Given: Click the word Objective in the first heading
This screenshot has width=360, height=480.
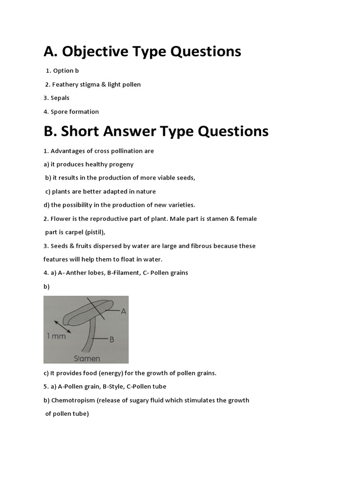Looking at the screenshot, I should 97,52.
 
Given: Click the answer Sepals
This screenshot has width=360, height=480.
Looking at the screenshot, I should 60,98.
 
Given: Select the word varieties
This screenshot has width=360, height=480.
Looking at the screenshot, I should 179,205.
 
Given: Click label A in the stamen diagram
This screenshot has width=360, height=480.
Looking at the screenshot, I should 123,311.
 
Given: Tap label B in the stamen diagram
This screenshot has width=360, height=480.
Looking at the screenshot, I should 112,339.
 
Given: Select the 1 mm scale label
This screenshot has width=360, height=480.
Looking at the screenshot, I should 56,336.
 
